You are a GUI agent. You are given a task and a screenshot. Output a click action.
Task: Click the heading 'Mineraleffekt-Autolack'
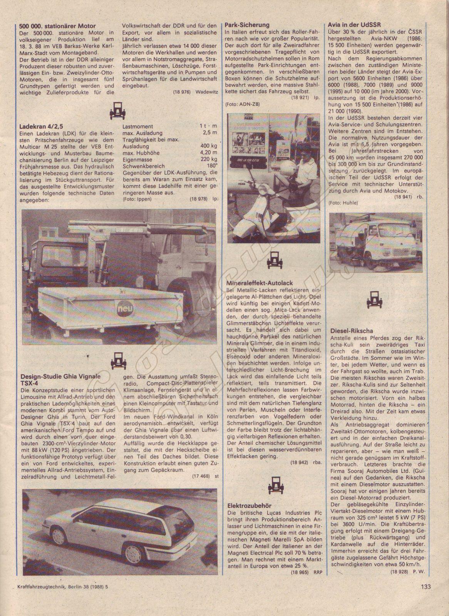tap(260, 283)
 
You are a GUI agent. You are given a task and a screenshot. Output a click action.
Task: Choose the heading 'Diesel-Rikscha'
tap(352, 330)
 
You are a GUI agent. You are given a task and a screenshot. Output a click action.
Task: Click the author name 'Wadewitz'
tap(207, 92)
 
